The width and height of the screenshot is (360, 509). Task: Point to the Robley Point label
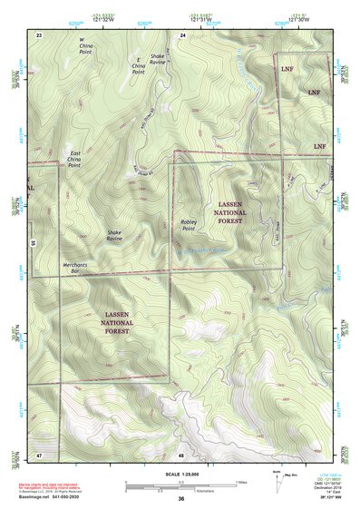tap(188, 224)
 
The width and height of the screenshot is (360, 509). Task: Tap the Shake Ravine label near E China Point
tap(158, 59)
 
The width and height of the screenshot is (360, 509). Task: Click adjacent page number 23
tap(39, 34)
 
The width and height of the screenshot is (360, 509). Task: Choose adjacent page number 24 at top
tap(182, 34)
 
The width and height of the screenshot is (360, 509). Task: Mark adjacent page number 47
tap(39, 454)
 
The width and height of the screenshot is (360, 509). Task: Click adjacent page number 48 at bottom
tap(181, 454)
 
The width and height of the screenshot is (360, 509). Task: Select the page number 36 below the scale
tap(181, 499)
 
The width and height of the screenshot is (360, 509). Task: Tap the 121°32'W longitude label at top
tap(109, 20)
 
